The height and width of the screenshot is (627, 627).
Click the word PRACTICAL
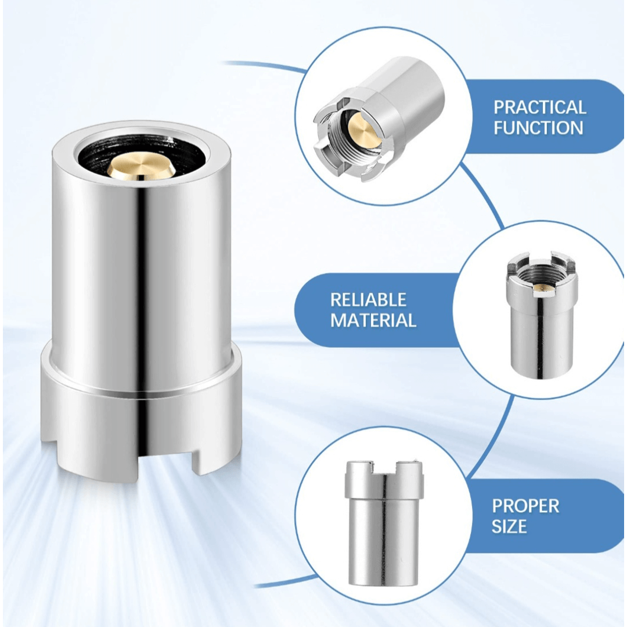(x=539, y=107)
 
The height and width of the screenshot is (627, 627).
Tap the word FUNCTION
(x=538, y=128)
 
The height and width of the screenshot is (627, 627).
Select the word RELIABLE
(x=368, y=300)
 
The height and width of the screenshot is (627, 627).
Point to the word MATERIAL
(x=373, y=320)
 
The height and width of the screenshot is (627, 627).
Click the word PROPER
(x=525, y=506)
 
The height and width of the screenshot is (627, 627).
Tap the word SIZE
(x=509, y=526)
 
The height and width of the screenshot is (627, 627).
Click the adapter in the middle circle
(x=540, y=315)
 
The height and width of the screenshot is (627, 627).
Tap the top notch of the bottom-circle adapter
(x=383, y=468)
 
